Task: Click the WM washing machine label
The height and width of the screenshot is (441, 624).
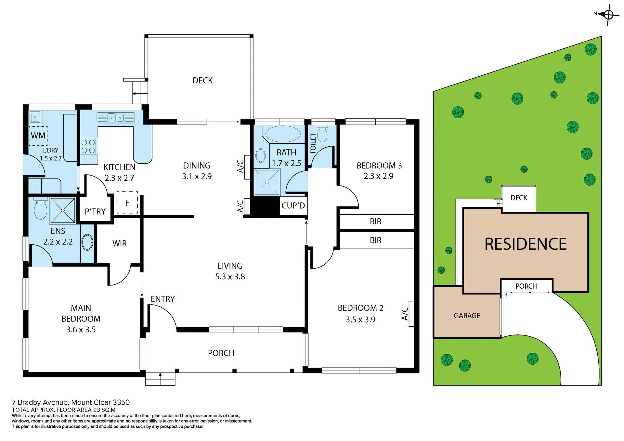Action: (38, 135)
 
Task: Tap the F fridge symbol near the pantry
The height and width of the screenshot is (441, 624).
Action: (127, 203)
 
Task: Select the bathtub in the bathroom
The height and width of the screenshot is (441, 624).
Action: (283, 134)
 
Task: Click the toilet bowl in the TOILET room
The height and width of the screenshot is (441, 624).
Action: (322, 134)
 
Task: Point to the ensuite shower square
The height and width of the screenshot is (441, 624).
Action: (63, 210)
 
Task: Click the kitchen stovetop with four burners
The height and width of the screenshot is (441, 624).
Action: (88, 146)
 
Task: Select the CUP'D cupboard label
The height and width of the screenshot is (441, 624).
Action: (293, 206)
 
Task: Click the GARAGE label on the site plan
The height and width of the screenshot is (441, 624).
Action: (467, 316)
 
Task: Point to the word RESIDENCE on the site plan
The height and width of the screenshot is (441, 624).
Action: (525, 244)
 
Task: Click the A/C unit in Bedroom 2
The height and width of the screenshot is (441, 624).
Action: (411, 314)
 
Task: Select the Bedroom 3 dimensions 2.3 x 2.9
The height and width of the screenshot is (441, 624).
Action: (378, 176)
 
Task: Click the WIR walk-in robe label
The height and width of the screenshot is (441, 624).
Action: (119, 244)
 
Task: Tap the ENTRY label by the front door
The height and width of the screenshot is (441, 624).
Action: (162, 299)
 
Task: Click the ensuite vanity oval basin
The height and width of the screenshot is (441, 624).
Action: (87, 242)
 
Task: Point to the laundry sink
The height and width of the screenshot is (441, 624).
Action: (35, 117)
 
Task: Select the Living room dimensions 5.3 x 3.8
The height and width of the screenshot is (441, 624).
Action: (230, 277)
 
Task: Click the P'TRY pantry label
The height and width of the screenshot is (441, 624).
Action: (95, 212)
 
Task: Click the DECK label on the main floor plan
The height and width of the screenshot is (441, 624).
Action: (202, 81)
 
